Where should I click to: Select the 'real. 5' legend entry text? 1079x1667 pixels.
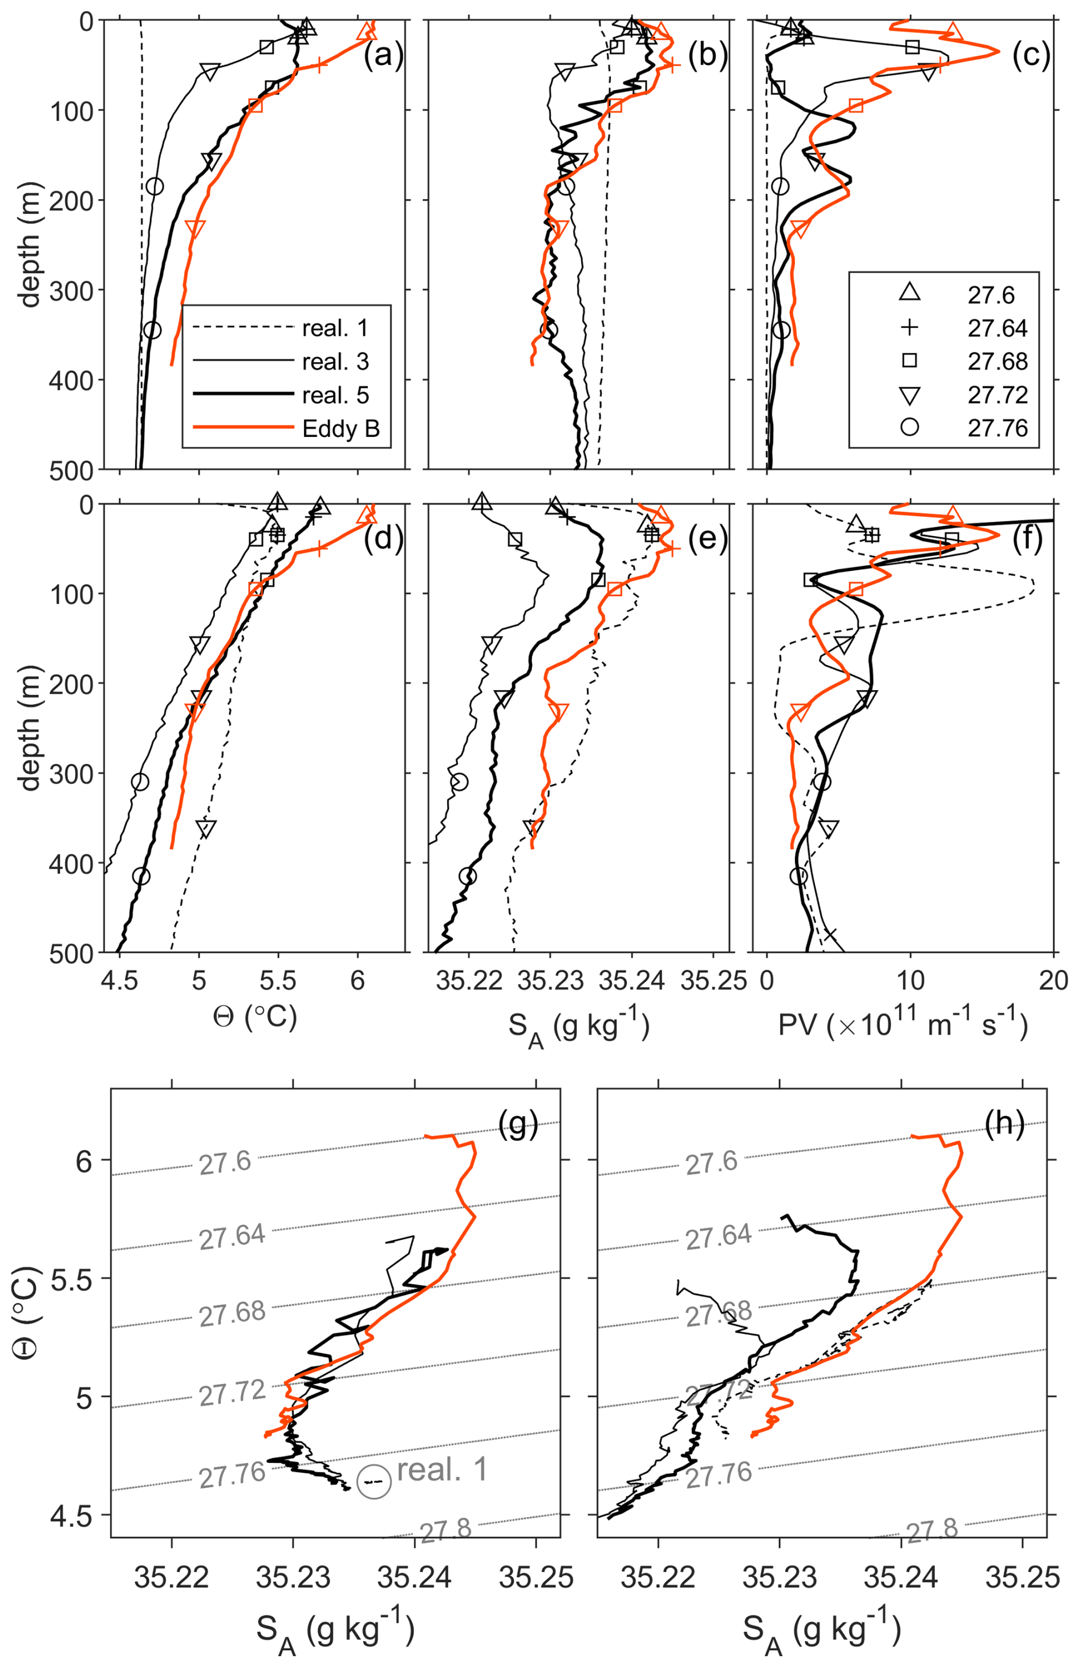tap(335, 395)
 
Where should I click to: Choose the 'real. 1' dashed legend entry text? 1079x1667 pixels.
tap(335, 328)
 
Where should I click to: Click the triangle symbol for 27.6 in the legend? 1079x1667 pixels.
tap(909, 294)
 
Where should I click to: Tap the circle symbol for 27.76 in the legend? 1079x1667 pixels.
tap(909, 428)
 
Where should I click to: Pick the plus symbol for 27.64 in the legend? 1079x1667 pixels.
tap(909, 328)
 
